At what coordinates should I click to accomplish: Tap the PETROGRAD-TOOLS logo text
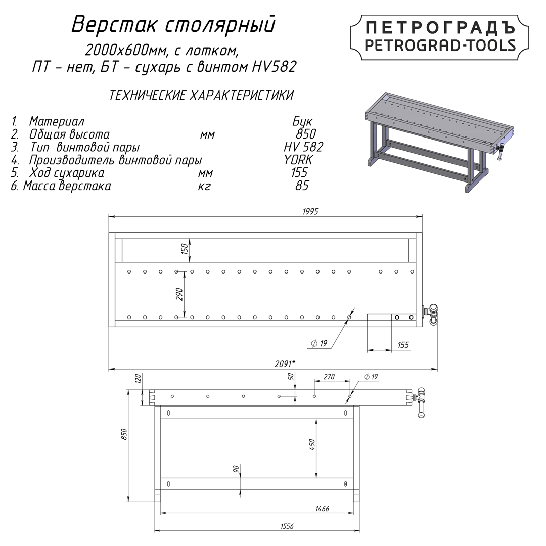440,45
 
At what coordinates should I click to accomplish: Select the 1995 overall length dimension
310,211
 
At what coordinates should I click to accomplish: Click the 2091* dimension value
285,363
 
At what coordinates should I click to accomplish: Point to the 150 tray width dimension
185,249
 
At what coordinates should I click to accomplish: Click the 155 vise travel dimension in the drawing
403,345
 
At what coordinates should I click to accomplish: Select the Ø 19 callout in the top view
320,344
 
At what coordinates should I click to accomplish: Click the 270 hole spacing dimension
329,377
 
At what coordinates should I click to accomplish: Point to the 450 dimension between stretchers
311,445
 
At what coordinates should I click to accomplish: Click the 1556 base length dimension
286,526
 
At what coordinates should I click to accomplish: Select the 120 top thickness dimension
137,379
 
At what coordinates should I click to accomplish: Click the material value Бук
302,121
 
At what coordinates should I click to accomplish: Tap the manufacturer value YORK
298,160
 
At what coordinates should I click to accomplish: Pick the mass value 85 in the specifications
301,186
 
